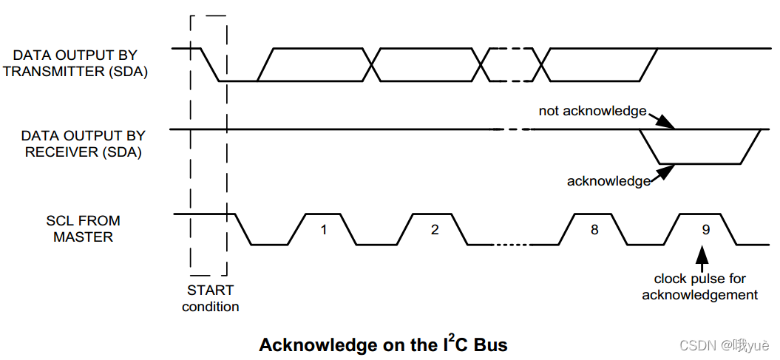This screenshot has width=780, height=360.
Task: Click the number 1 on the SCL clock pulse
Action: [x=323, y=230]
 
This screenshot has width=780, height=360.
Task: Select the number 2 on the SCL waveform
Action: [x=435, y=230]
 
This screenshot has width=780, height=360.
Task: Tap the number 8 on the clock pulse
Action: [x=594, y=230]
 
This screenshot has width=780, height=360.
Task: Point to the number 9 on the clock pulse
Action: [x=705, y=230]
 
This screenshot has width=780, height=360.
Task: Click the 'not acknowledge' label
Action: [x=592, y=111]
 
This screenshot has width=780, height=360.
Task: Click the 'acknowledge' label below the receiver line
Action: [x=608, y=180]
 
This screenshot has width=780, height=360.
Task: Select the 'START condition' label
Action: [x=210, y=299]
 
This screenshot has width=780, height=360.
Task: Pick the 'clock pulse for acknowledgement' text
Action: [x=699, y=287]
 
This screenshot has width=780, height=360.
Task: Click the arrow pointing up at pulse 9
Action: [x=701, y=257]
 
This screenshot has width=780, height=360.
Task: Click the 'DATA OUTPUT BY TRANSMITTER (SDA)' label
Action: [x=75, y=64]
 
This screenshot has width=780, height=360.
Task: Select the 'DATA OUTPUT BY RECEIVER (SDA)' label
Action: [x=83, y=144]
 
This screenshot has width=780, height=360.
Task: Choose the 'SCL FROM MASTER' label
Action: [x=83, y=229]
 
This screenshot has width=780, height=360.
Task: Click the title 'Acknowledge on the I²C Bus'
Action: [x=383, y=344]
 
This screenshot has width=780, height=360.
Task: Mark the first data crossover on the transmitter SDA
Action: [x=378, y=64]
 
